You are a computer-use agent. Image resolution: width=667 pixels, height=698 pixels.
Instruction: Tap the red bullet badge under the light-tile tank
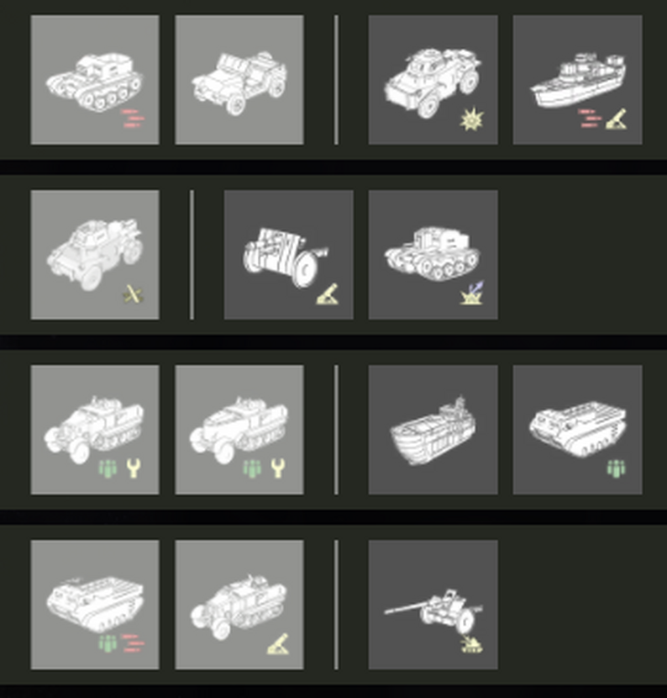130,119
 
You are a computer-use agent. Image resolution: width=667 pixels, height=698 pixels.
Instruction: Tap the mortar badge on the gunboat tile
617,120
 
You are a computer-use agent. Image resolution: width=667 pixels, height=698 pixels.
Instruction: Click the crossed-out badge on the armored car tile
133,293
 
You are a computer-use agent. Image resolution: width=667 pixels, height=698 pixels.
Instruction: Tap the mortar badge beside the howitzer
327,294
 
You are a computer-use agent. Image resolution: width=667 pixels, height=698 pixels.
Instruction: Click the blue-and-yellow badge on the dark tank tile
471,293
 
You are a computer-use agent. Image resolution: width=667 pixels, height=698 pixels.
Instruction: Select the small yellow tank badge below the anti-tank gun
470,645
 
